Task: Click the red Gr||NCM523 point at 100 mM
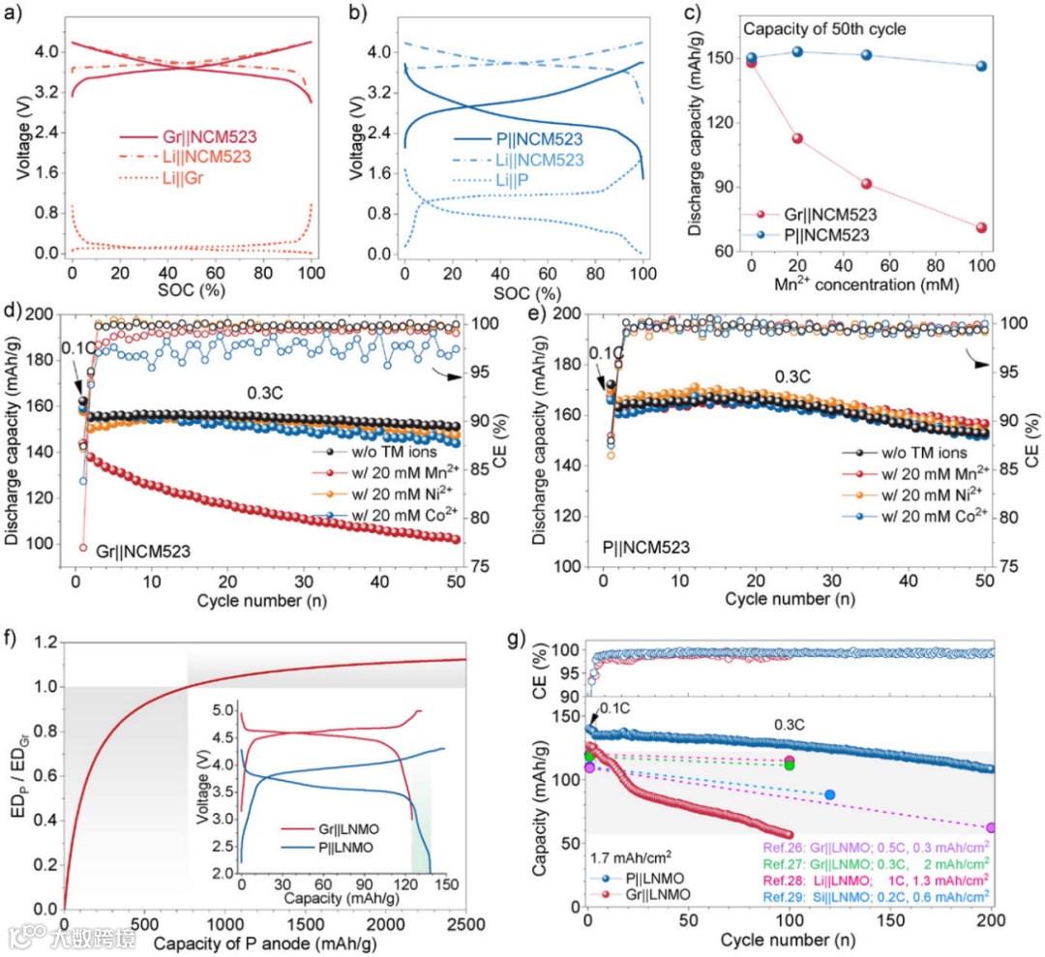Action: [981, 227]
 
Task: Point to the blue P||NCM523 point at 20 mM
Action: [797, 51]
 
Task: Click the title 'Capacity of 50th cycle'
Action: [824, 29]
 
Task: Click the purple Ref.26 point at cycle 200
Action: [990, 827]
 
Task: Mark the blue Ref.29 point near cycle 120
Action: [829, 794]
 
